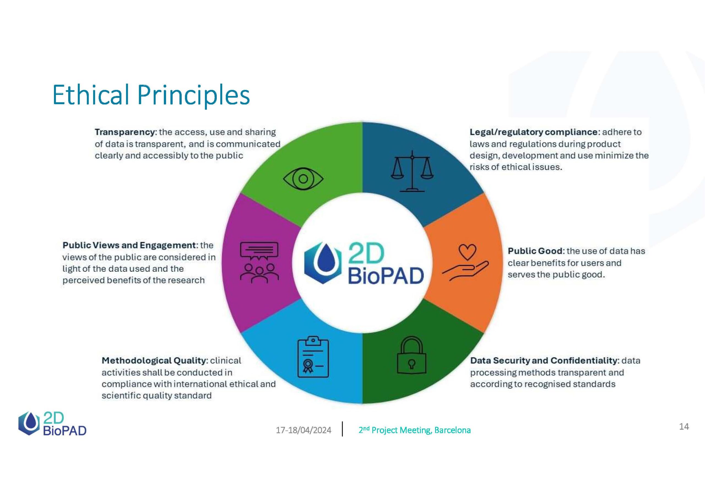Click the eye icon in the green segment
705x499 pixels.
[303, 179]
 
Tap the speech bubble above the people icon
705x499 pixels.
[259, 250]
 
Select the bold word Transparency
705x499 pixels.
[126, 132]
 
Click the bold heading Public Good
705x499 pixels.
[536, 251]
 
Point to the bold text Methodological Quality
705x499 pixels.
[154, 360]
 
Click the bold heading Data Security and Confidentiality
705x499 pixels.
[544, 360]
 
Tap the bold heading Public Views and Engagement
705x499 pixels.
[129, 245]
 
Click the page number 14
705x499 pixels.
[684, 427]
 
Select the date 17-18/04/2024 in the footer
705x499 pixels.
[303, 430]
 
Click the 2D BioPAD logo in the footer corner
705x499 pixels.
[52, 424]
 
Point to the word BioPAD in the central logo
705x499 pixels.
[386, 275]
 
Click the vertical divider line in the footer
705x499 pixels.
[342, 429]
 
